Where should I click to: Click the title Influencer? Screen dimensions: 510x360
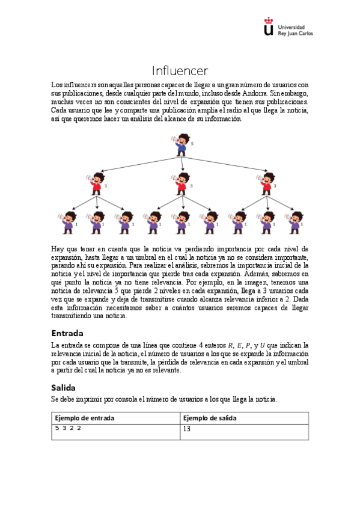[x=180, y=71]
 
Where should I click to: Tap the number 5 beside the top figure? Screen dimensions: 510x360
[x=192, y=144]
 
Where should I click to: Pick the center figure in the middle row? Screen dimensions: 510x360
[x=182, y=183]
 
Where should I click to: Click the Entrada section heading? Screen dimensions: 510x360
[x=67, y=333]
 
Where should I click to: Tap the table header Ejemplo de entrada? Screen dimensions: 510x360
[x=85, y=418]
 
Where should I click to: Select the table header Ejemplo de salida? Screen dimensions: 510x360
[x=210, y=418]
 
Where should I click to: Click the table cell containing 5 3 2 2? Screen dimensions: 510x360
[x=68, y=428]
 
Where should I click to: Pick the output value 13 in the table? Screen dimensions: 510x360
[x=187, y=429]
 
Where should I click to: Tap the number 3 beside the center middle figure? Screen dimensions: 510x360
[x=192, y=186]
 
